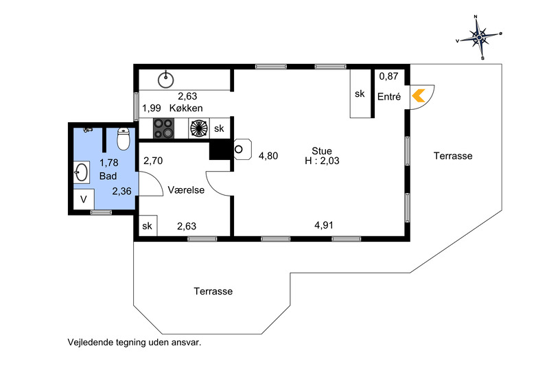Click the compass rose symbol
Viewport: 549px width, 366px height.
tap(479, 37)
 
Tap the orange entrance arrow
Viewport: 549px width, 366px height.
tap(419, 95)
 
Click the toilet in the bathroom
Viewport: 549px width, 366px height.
tap(124, 139)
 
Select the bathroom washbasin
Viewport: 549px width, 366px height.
tap(82, 172)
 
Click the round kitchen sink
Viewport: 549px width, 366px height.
tap(165, 80)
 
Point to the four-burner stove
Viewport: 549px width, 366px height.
tap(163, 128)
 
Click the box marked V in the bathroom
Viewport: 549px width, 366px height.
tap(84, 199)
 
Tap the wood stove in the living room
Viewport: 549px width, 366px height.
tap(242, 150)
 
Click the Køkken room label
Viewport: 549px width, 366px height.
tap(186, 108)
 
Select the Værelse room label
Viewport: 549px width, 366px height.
tap(186, 190)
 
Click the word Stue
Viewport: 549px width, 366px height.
tap(322, 151)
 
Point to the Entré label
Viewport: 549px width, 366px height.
tap(389, 97)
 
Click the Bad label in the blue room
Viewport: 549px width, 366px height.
tap(108, 176)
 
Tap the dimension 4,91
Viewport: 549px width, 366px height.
tap(323, 225)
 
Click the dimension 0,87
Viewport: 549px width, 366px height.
tap(388, 76)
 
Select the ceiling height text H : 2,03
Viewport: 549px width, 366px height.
tap(322, 161)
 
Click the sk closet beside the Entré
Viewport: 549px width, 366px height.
tap(360, 93)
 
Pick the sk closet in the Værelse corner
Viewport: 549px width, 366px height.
tap(148, 226)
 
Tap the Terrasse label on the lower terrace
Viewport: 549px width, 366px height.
tap(213, 291)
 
